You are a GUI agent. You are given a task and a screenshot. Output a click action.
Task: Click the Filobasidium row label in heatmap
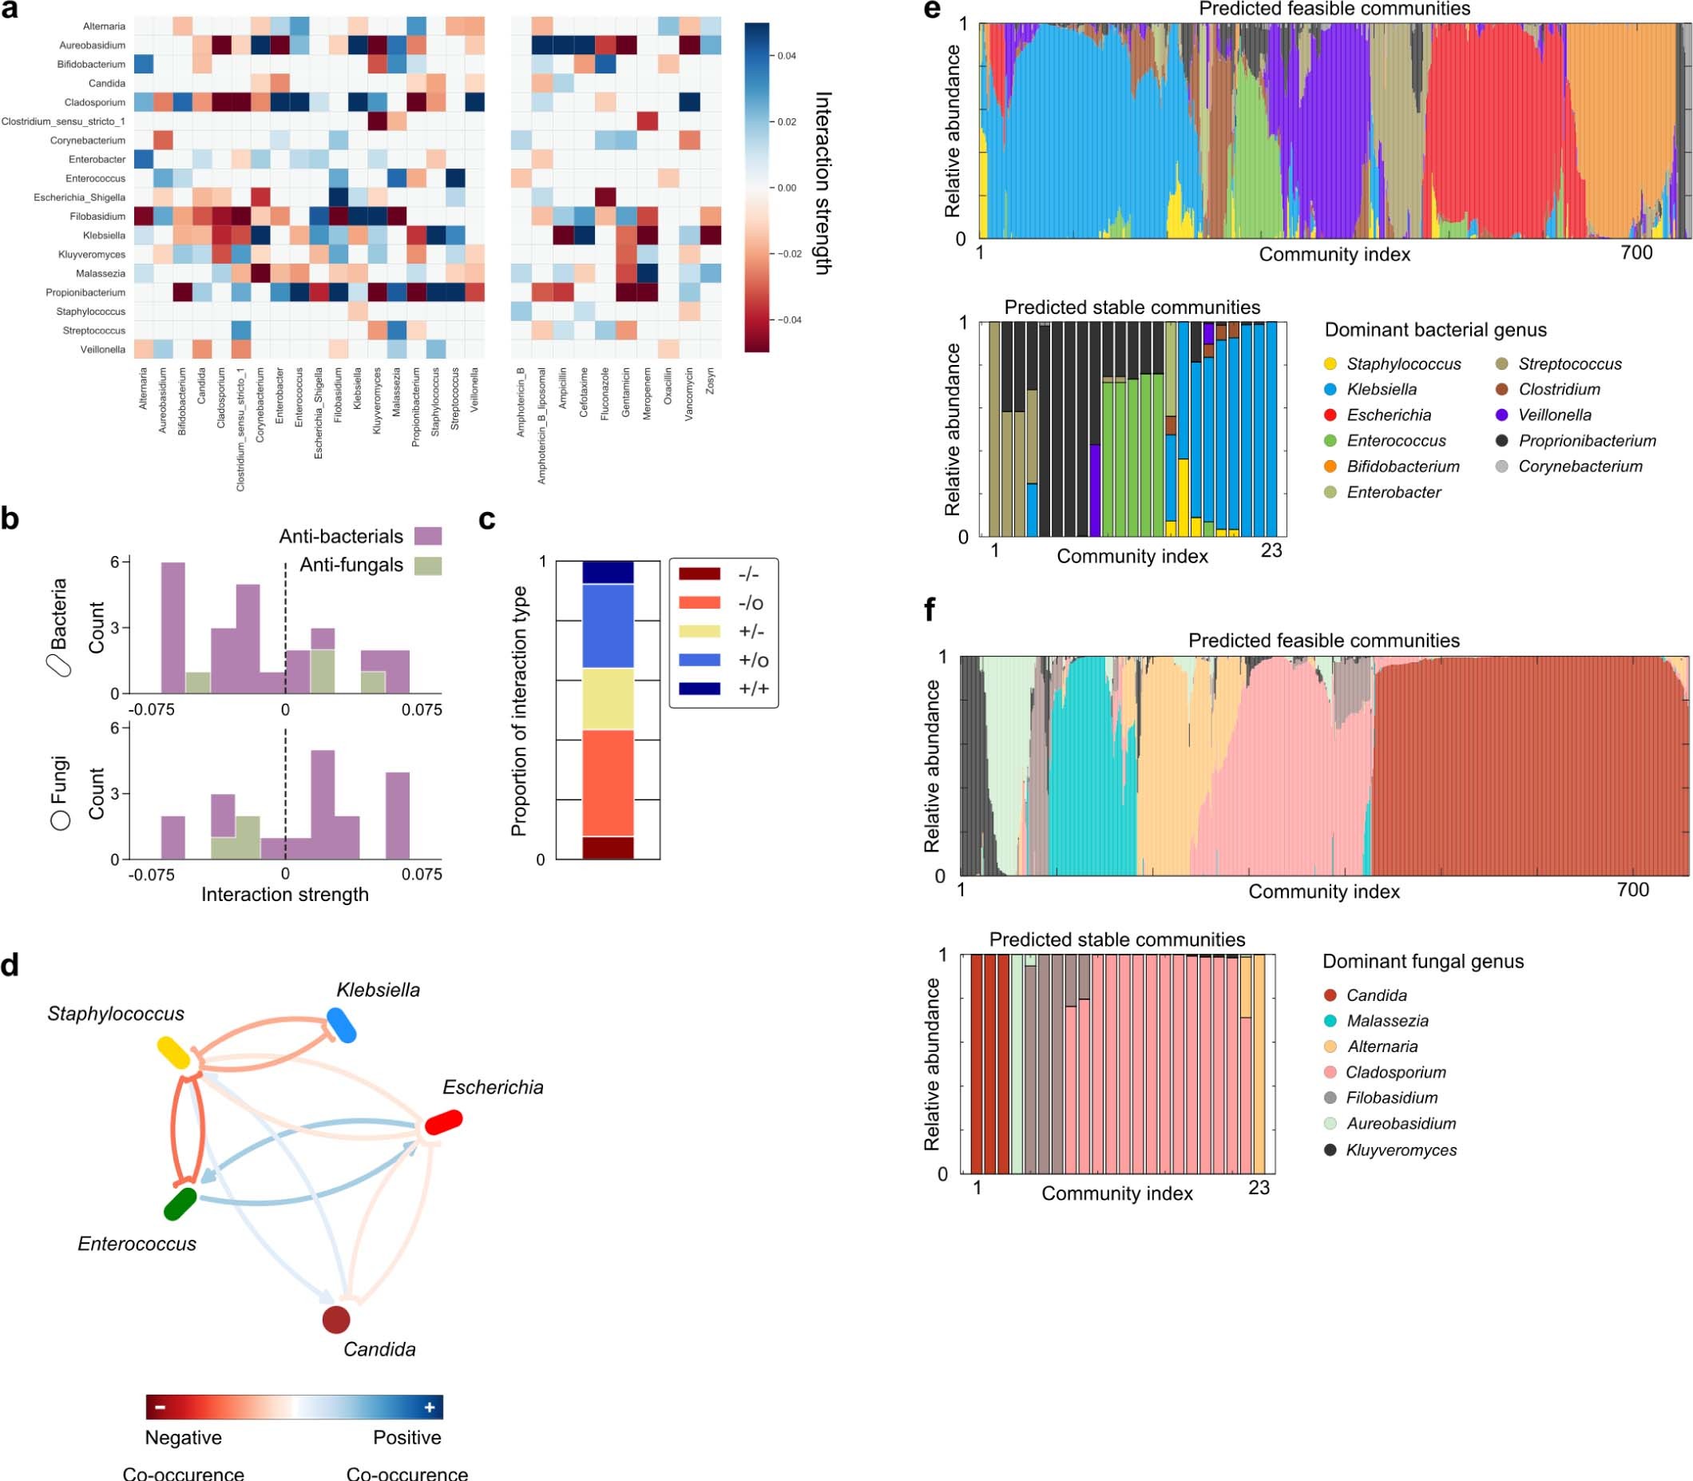[97, 216]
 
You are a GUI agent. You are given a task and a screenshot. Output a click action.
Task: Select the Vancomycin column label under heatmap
[689, 395]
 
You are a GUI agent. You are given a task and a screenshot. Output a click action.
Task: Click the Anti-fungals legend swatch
[427, 566]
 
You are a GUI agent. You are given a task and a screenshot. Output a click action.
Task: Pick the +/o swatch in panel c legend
[698, 661]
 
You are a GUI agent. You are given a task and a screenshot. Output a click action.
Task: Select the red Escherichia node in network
[444, 1122]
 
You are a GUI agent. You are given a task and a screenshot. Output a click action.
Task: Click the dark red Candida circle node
[335, 1319]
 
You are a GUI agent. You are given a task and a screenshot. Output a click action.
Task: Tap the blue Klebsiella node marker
[341, 1025]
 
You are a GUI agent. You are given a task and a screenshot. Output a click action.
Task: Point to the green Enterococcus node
[180, 1204]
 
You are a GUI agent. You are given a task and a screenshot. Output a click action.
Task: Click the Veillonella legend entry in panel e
[1554, 415]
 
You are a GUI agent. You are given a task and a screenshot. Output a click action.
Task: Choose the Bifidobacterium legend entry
[1402, 467]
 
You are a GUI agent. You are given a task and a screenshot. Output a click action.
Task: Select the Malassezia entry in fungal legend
[1386, 1021]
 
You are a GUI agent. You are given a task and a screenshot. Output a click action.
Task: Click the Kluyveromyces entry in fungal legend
[1401, 1149]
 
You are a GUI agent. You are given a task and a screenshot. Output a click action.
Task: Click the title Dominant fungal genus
[1423, 961]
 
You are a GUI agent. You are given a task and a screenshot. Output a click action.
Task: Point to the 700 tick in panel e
[1636, 253]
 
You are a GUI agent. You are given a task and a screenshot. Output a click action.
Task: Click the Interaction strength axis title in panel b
[285, 894]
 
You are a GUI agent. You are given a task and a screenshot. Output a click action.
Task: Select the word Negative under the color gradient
[184, 1437]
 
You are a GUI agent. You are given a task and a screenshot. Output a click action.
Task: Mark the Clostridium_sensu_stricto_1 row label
[64, 121]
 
